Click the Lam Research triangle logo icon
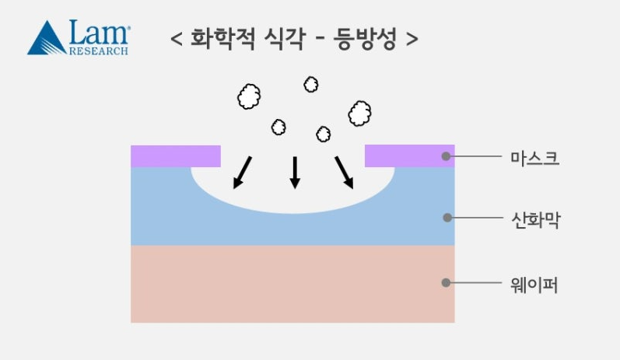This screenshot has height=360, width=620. tap(47, 39)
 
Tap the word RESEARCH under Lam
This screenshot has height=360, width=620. tap(99, 51)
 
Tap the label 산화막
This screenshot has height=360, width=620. tap(534, 220)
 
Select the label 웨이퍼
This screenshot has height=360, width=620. tap(534, 285)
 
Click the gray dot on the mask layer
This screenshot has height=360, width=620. tap(447, 156)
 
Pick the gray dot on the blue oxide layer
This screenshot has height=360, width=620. tap(447, 218)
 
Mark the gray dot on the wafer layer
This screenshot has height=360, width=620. tap(446, 282)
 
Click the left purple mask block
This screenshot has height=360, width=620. tap(176, 156)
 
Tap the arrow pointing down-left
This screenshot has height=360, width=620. tap(242, 173)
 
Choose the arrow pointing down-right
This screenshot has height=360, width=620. tap(344, 173)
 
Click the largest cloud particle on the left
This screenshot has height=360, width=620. tap(249, 97)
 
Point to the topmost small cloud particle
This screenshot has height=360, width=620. tap(311, 84)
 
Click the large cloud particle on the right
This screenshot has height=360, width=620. tap(359, 114)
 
